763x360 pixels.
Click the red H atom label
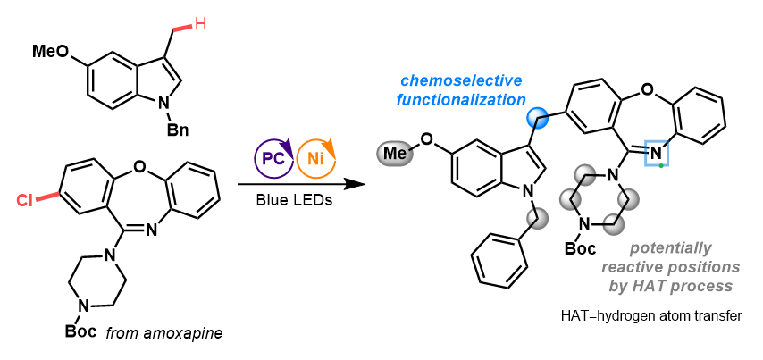pyautogui.click(x=200, y=24)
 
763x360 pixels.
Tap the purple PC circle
pyautogui.click(x=272, y=159)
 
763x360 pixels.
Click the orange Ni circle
pyautogui.click(x=314, y=159)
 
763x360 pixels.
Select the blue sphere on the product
pyautogui.click(x=537, y=117)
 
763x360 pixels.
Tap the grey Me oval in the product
pyautogui.click(x=394, y=154)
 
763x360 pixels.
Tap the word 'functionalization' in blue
pyautogui.click(x=460, y=100)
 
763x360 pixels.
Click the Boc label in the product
pyautogui.click(x=581, y=248)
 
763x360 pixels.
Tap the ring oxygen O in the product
pyautogui.click(x=646, y=89)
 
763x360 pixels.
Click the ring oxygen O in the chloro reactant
pyautogui.click(x=139, y=168)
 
